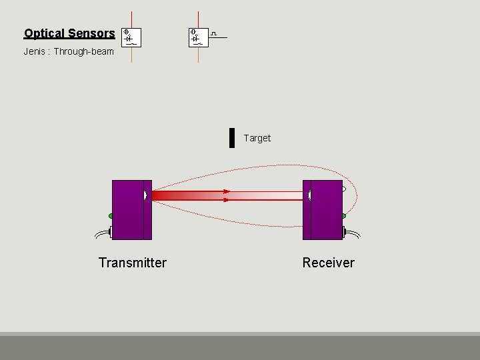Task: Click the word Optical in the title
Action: coord(44,33)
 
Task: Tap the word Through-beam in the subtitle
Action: coord(84,51)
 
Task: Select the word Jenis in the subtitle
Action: coord(35,51)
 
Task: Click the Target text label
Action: coord(257,138)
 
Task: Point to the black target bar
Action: coord(232,137)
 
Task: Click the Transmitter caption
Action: coord(132,263)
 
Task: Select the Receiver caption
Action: coord(328,263)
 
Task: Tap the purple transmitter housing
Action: coord(128,209)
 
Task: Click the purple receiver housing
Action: coord(326,209)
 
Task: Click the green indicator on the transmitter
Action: coord(111,215)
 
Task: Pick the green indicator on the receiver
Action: coord(343,216)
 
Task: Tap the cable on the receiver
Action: coord(352,233)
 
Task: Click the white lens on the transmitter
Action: coord(145,195)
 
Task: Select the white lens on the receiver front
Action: coord(309,195)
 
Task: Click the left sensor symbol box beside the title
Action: coord(133,37)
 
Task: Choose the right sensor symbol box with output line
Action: coord(198,37)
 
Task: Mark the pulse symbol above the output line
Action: coord(213,33)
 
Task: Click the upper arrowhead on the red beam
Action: coord(227,191)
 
